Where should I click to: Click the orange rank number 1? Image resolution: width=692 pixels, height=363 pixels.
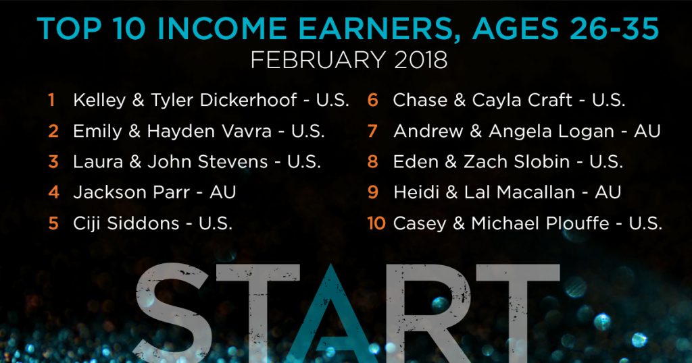tap(51, 100)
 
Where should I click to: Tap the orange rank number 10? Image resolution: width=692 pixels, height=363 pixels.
tap(376, 223)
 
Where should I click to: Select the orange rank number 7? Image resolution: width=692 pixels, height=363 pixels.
tap(372, 131)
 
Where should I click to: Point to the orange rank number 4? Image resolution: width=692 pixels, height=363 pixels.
tap(53, 192)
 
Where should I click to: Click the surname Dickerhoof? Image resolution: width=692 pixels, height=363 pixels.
tap(248, 100)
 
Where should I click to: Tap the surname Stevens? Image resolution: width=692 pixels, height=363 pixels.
tap(232, 162)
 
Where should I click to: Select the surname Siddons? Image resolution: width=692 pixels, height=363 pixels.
tap(143, 223)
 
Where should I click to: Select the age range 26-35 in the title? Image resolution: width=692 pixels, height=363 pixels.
tap(614, 28)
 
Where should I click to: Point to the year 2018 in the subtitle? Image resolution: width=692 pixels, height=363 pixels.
tap(420, 60)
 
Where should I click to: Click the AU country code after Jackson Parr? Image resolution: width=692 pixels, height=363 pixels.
tap(223, 192)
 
